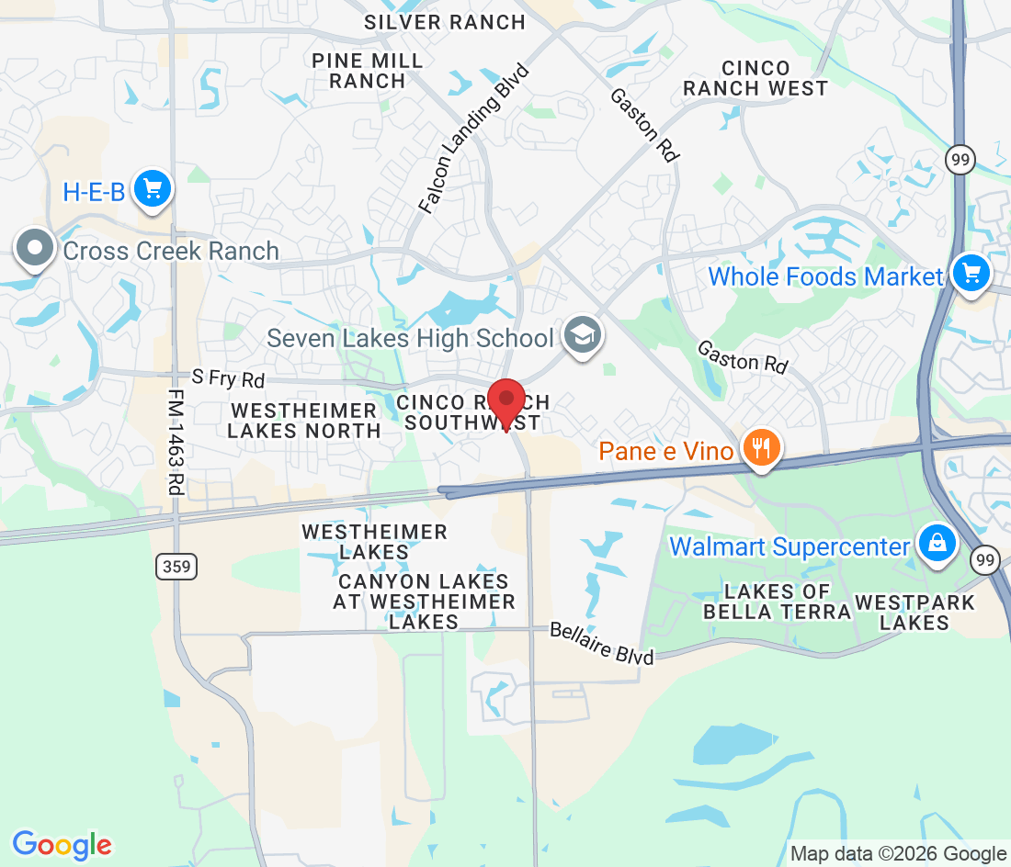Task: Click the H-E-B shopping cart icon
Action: pyautogui.click(x=152, y=190)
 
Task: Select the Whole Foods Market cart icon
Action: pyautogui.click(x=971, y=274)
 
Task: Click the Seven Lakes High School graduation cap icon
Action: pyautogui.click(x=581, y=336)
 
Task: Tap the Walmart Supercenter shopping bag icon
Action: pyautogui.click(x=936, y=545)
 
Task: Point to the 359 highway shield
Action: pyautogui.click(x=175, y=566)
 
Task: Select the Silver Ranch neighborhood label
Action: pyautogui.click(x=444, y=22)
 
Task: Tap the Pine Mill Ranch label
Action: pyautogui.click(x=368, y=71)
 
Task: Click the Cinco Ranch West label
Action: pyautogui.click(x=755, y=78)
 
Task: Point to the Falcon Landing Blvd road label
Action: pyautogui.click(x=475, y=139)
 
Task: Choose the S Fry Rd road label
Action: pyautogui.click(x=227, y=377)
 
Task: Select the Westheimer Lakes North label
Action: pyautogui.click(x=304, y=420)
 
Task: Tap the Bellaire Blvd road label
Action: pyautogui.click(x=601, y=644)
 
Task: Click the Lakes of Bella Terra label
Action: pyautogui.click(x=778, y=602)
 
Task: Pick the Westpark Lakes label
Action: pyautogui.click(x=914, y=613)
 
